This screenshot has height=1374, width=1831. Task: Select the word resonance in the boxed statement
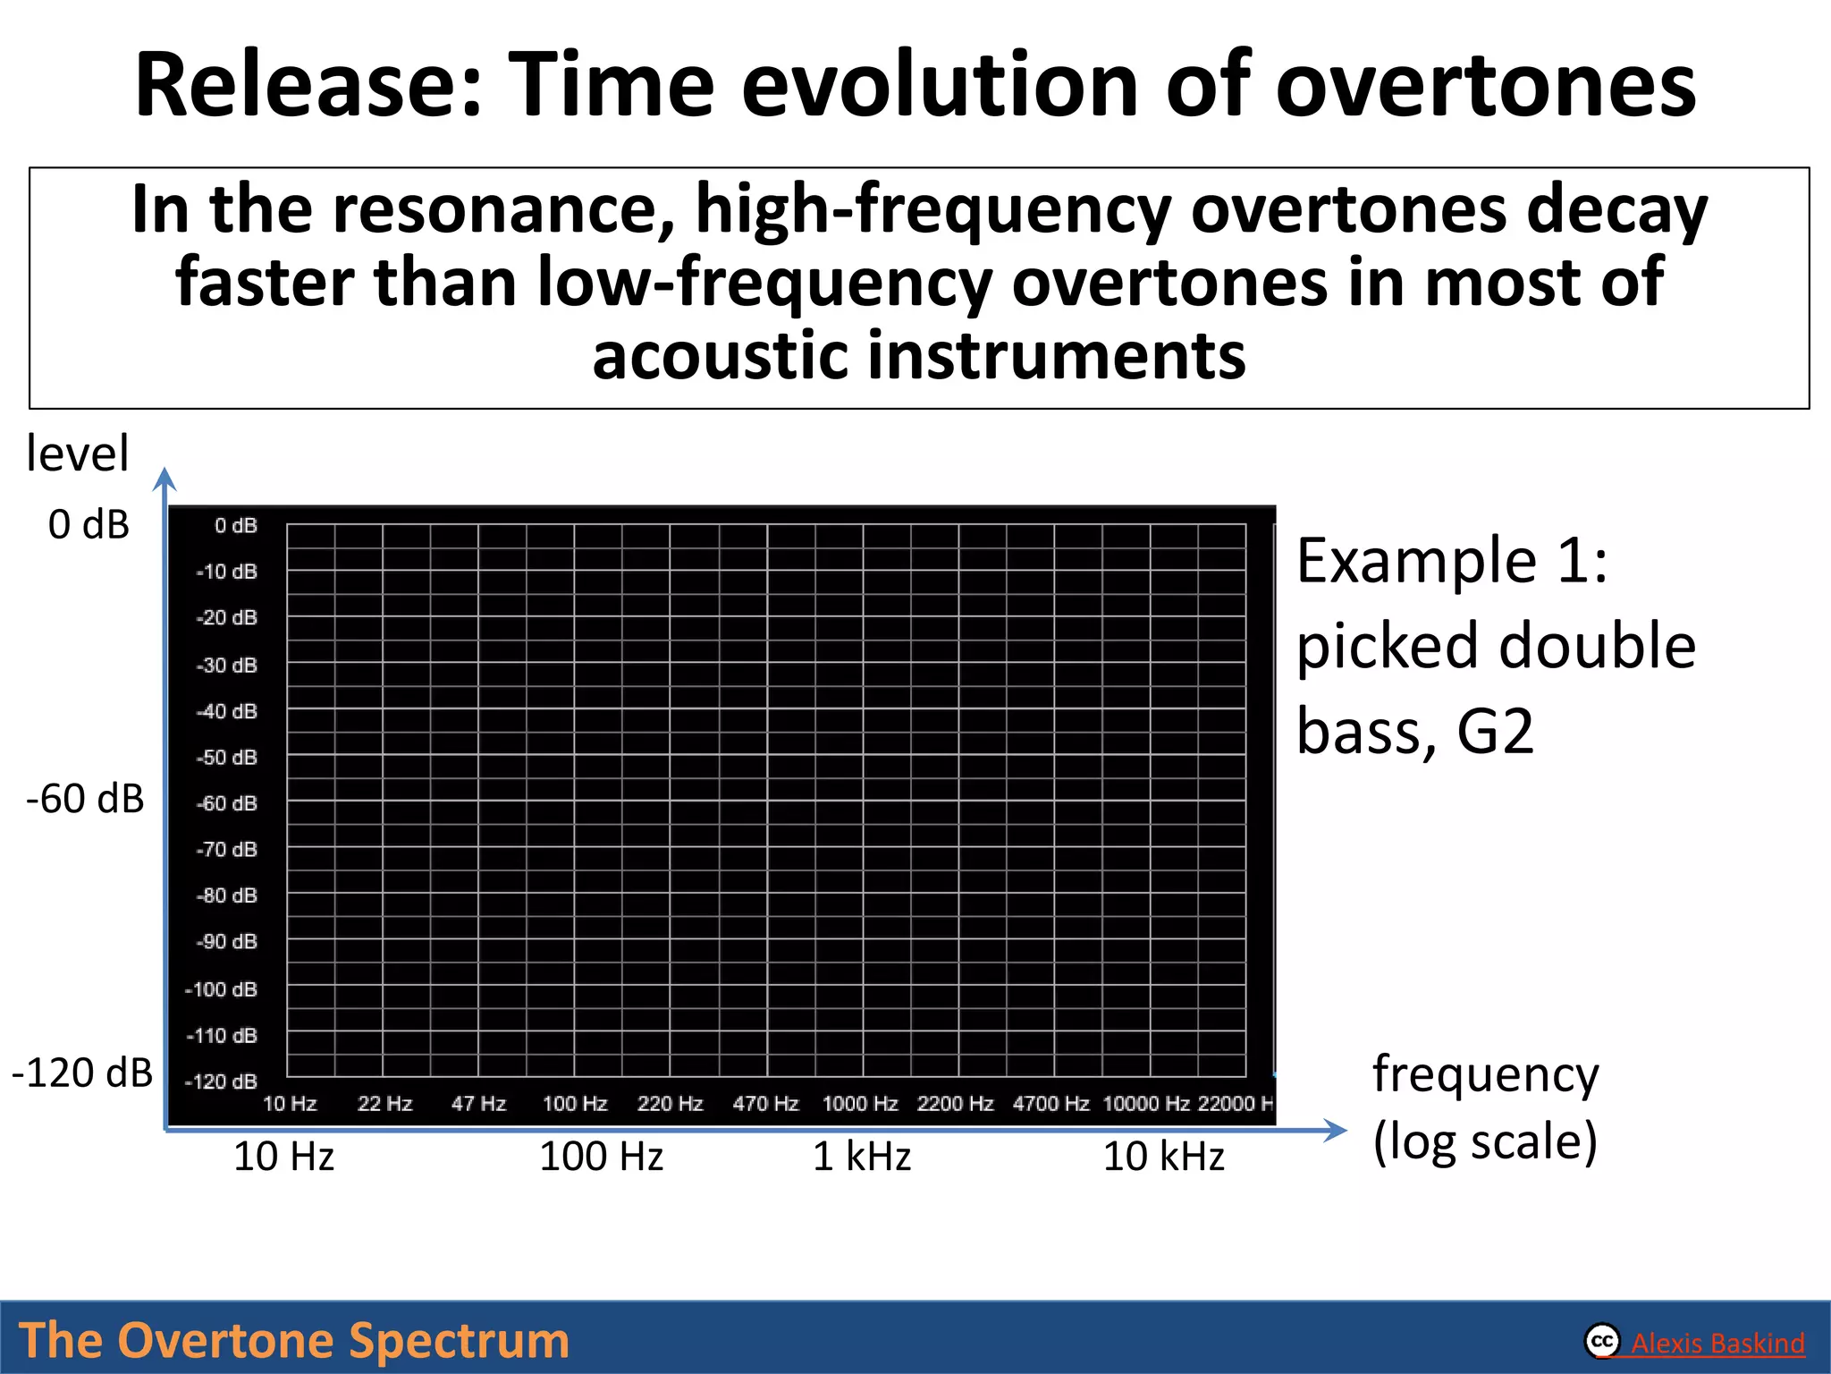tap(504, 209)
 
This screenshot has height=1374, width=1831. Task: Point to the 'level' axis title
tap(77, 453)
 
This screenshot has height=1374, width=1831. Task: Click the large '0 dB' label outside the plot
tap(89, 524)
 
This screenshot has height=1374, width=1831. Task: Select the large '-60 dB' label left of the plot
tap(85, 798)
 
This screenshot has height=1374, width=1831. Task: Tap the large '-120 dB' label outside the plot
tap(82, 1072)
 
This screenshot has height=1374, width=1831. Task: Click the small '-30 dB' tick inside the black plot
tap(227, 665)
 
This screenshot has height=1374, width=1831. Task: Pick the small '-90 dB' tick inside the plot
tap(227, 941)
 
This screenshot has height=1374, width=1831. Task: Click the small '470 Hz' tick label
tap(765, 1103)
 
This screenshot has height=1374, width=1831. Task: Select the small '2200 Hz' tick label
tap(955, 1103)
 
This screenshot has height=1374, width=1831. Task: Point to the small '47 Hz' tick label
tap(478, 1103)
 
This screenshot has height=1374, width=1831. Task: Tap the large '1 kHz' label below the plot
tap(861, 1156)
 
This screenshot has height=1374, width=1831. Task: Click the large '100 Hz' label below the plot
tap(601, 1156)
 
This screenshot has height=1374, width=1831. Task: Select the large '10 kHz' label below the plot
tap(1163, 1156)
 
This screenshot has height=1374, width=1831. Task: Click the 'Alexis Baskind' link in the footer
tap(1717, 1343)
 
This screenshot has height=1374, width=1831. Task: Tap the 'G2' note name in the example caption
tap(1495, 731)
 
